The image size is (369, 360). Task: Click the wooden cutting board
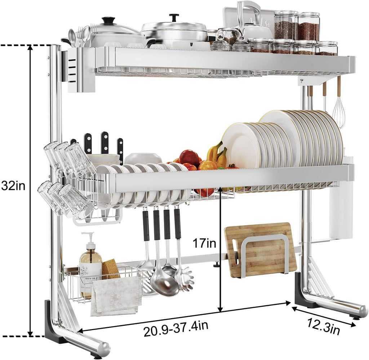tap(260, 250)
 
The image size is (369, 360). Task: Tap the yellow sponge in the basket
tap(110, 268)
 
